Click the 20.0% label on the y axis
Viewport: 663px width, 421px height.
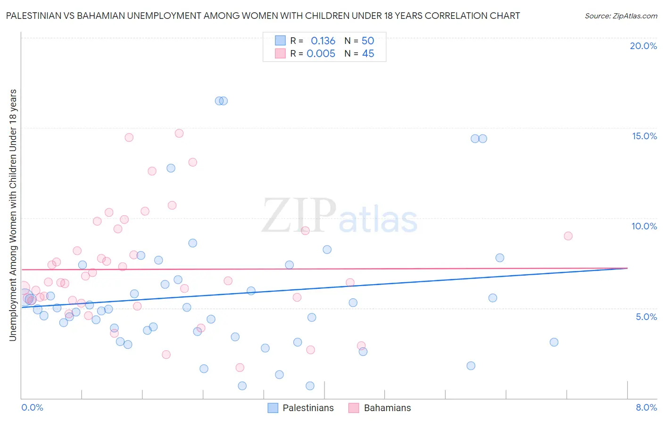coord(643,46)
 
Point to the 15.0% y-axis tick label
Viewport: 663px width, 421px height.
coord(644,136)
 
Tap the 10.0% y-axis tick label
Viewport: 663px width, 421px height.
coord(644,226)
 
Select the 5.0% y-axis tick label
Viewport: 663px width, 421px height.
coord(646,317)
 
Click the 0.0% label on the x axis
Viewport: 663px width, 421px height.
coord(32,407)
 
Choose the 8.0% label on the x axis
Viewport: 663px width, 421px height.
coord(646,407)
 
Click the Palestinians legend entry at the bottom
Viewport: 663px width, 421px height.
coord(308,408)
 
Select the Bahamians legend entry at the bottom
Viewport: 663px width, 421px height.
coord(387,408)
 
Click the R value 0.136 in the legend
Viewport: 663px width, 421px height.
coord(323,41)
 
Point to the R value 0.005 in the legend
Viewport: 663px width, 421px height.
coord(321,54)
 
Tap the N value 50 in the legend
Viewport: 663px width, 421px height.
coord(368,41)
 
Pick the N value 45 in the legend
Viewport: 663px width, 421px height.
coord(368,54)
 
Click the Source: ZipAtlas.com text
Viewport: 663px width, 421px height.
coord(621,16)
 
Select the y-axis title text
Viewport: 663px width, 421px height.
coord(13,215)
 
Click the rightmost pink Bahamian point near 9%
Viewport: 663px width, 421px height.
coord(568,236)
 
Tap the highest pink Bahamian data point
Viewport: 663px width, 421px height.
coord(179,133)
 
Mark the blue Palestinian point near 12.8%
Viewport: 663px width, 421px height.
coord(171,168)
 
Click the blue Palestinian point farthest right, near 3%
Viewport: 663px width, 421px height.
coord(554,342)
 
